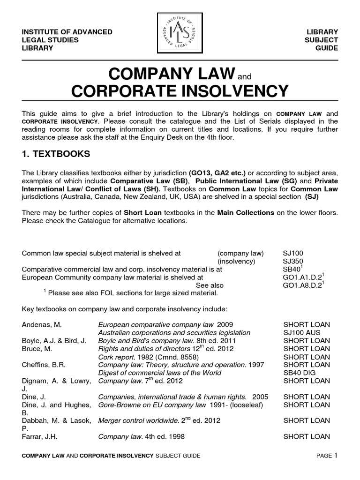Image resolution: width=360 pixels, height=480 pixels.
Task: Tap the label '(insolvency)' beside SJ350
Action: [237, 261]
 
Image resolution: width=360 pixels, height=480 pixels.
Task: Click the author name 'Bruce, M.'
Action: [37, 348]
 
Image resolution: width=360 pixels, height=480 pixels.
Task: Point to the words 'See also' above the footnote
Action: [210, 285]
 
